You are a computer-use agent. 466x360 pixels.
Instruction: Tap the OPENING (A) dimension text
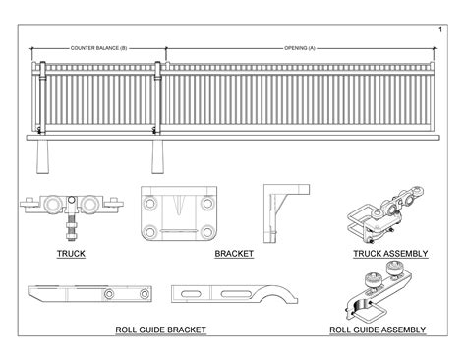[x=299, y=47]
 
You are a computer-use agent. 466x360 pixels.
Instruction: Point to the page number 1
[x=438, y=13]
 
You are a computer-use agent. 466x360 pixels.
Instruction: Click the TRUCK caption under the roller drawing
[x=71, y=254]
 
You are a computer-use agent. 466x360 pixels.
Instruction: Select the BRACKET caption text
[x=234, y=254]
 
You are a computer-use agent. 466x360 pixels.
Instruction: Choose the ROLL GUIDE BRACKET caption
[x=160, y=330]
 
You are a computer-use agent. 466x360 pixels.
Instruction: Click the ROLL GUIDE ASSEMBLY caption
[x=378, y=330]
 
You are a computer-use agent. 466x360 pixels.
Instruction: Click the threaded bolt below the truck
[x=72, y=232]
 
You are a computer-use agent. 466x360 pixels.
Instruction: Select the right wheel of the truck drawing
[x=90, y=206]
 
